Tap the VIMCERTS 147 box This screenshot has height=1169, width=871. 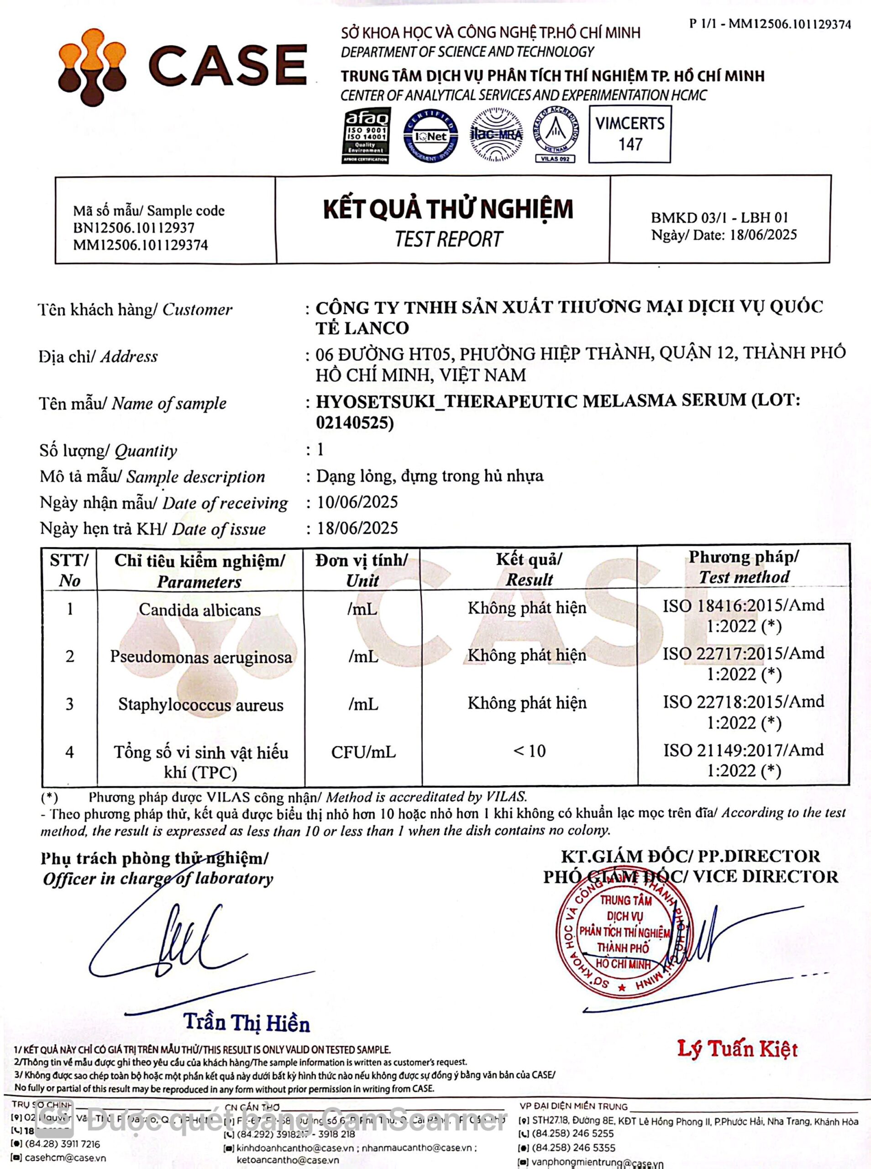click(x=630, y=134)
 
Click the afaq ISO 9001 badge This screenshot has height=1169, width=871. click(x=366, y=136)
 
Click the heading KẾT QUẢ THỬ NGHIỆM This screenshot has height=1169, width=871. click(x=448, y=209)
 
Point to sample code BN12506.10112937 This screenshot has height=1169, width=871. click(x=133, y=228)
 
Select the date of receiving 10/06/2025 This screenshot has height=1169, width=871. click(x=357, y=502)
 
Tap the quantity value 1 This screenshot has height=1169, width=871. click(x=320, y=449)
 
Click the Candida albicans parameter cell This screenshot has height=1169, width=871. click(x=200, y=610)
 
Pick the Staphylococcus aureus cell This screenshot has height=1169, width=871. click(x=200, y=705)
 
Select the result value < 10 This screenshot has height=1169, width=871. click(x=529, y=751)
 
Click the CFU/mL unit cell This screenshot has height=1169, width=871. click(x=363, y=752)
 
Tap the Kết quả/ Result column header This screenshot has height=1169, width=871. click(x=529, y=569)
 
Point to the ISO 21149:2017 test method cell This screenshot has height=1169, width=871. click(x=743, y=760)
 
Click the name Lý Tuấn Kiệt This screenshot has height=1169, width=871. click(x=737, y=1049)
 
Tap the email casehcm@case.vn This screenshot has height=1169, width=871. click(x=65, y=1158)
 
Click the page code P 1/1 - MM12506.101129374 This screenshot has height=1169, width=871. click(x=770, y=24)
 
